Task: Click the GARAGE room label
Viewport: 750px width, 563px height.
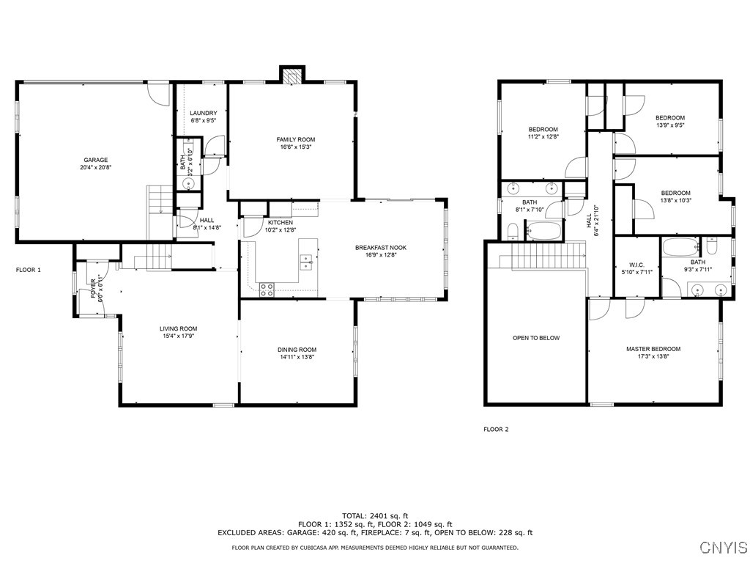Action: click(95, 160)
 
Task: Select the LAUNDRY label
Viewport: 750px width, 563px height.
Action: click(204, 113)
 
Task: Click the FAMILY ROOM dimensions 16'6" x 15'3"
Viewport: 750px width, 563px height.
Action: click(295, 147)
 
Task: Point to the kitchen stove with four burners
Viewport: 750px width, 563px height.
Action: click(267, 289)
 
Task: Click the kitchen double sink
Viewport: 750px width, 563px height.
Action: click(306, 259)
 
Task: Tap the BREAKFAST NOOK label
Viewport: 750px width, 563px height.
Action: click(381, 248)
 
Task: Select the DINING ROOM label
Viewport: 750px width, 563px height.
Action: click(297, 350)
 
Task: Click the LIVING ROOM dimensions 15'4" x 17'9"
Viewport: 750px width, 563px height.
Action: click(179, 336)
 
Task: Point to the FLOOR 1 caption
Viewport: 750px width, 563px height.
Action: click(29, 271)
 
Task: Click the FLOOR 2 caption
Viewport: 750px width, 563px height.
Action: click(496, 430)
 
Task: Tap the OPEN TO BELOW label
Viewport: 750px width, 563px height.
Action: click(535, 338)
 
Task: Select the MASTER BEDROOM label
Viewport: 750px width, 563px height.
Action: click(653, 349)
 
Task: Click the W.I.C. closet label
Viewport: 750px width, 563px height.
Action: click(636, 265)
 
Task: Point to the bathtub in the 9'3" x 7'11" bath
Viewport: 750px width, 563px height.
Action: click(680, 246)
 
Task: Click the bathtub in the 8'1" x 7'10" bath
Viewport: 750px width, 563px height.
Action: click(543, 233)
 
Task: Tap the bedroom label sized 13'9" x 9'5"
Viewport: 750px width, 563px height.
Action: click(669, 118)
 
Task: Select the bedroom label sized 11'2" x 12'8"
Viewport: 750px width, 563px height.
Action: click(543, 130)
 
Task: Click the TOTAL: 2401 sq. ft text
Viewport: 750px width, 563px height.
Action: click(375, 515)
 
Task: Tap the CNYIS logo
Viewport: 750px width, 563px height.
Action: click(723, 548)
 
